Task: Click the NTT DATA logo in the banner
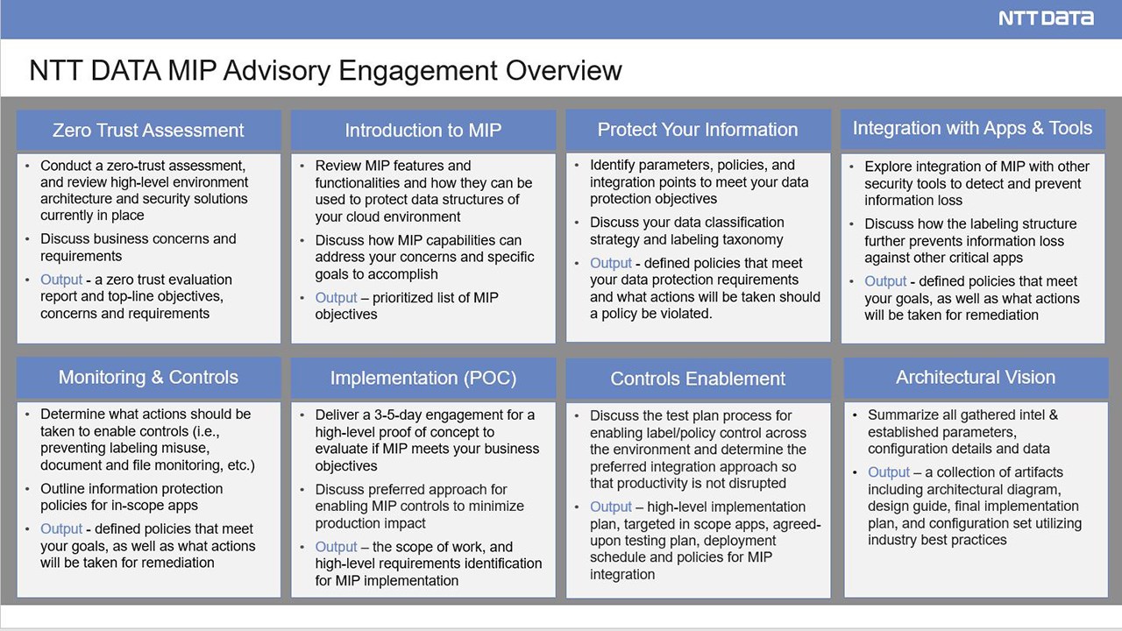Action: [x=1046, y=18]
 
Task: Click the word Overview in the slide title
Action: [x=564, y=70]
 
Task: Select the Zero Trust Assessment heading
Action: [x=148, y=131]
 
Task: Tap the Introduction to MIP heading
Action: [x=423, y=131]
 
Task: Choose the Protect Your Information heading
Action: [x=698, y=130]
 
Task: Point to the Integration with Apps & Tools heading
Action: [x=972, y=128]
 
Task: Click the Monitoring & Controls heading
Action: [x=148, y=377]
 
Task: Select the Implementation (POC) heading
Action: [x=423, y=378]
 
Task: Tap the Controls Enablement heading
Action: [x=698, y=379]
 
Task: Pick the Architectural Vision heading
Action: [x=976, y=377]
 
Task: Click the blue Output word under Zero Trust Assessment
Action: [x=61, y=280]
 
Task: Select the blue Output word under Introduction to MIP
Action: [x=336, y=297]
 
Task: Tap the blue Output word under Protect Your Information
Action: [x=611, y=263]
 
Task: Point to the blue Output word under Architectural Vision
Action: [x=889, y=472]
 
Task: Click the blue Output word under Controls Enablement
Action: [x=611, y=507]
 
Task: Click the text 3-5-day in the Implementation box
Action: [x=398, y=415]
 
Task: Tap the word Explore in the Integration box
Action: [x=886, y=167]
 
